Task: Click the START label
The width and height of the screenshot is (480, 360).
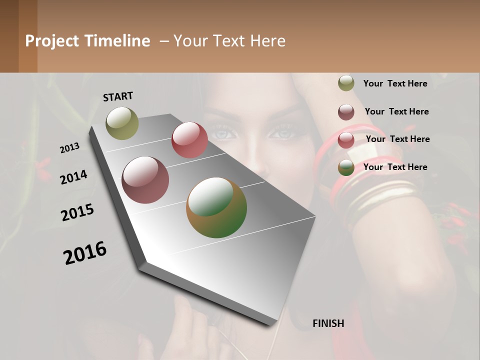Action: coord(118,96)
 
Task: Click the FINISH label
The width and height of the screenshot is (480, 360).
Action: coord(328,323)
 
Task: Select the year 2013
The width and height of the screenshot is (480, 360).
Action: coord(70,148)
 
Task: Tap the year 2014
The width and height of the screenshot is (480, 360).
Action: coord(74,177)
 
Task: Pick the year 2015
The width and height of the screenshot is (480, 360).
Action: coord(77,212)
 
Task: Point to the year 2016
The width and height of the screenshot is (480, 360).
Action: coord(85,253)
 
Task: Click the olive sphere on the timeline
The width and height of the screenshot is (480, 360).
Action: coord(122,123)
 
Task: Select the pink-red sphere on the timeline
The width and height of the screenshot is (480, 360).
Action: coord(189,140)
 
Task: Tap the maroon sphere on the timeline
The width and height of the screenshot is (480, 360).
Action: coord(145,180)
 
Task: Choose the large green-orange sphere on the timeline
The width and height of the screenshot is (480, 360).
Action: coord(216,207)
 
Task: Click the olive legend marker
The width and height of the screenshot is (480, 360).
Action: coord(346,83)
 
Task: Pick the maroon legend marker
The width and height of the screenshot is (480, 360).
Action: coord(346,112)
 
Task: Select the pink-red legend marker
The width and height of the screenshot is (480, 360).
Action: coord(346,140)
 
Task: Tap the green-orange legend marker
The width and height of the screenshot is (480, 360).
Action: coord(346,168)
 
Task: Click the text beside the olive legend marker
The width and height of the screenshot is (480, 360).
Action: coord(395,83)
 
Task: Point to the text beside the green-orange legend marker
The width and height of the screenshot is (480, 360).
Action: coord(395,167)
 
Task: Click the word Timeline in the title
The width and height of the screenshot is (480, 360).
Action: coord(117,41)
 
